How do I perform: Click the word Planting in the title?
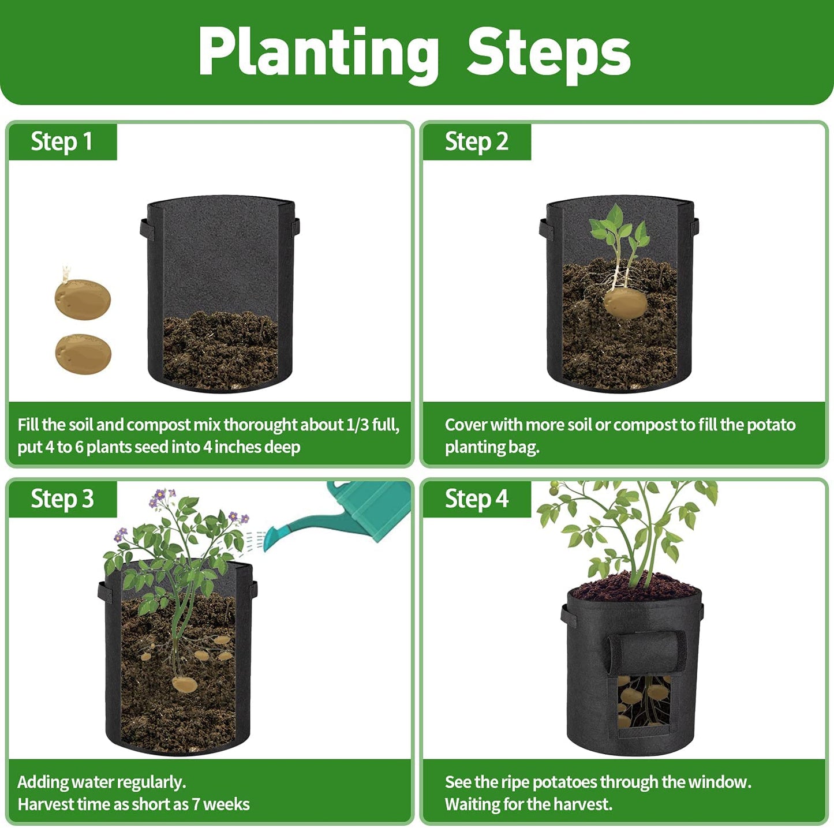(x=318, y=53)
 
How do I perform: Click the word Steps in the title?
(x=548, y=53)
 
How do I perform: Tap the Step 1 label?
(x=62, y=141)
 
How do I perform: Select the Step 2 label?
(x=476, y=141)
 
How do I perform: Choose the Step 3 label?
(x=62, y=499)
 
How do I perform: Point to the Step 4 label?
(x=476, y=499)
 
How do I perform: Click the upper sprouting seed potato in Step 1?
(x=83, y=298)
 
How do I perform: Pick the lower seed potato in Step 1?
(x=83, y=354)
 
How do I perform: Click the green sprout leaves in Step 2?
(x=618, y=228)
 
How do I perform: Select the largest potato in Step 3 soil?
(x=185, y=684)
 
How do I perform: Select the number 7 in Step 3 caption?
(x=196, y=804)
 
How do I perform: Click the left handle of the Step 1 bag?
(x=144, y=229)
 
